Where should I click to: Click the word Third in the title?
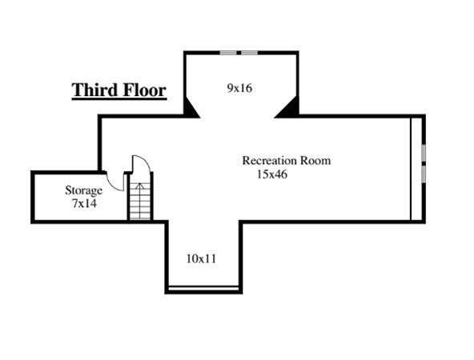point(94,90)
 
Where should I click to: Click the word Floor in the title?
point(144,90)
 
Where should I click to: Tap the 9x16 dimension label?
point(239,88)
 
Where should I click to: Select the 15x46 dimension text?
point(272,174)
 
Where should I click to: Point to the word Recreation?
point(269,160)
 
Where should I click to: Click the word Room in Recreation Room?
point(315,160)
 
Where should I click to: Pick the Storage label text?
point(84,190)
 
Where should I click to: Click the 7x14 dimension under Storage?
point(84,203)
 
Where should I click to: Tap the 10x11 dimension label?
point(201,259)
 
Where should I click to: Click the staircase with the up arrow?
point(140,201)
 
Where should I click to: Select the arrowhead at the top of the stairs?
point(139,186)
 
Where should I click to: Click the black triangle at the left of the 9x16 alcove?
point(190,109)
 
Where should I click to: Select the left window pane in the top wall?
point(228,53)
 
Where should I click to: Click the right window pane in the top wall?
point(249,53)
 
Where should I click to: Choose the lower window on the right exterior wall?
point(424,174)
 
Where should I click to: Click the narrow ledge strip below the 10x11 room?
point(203,289)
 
